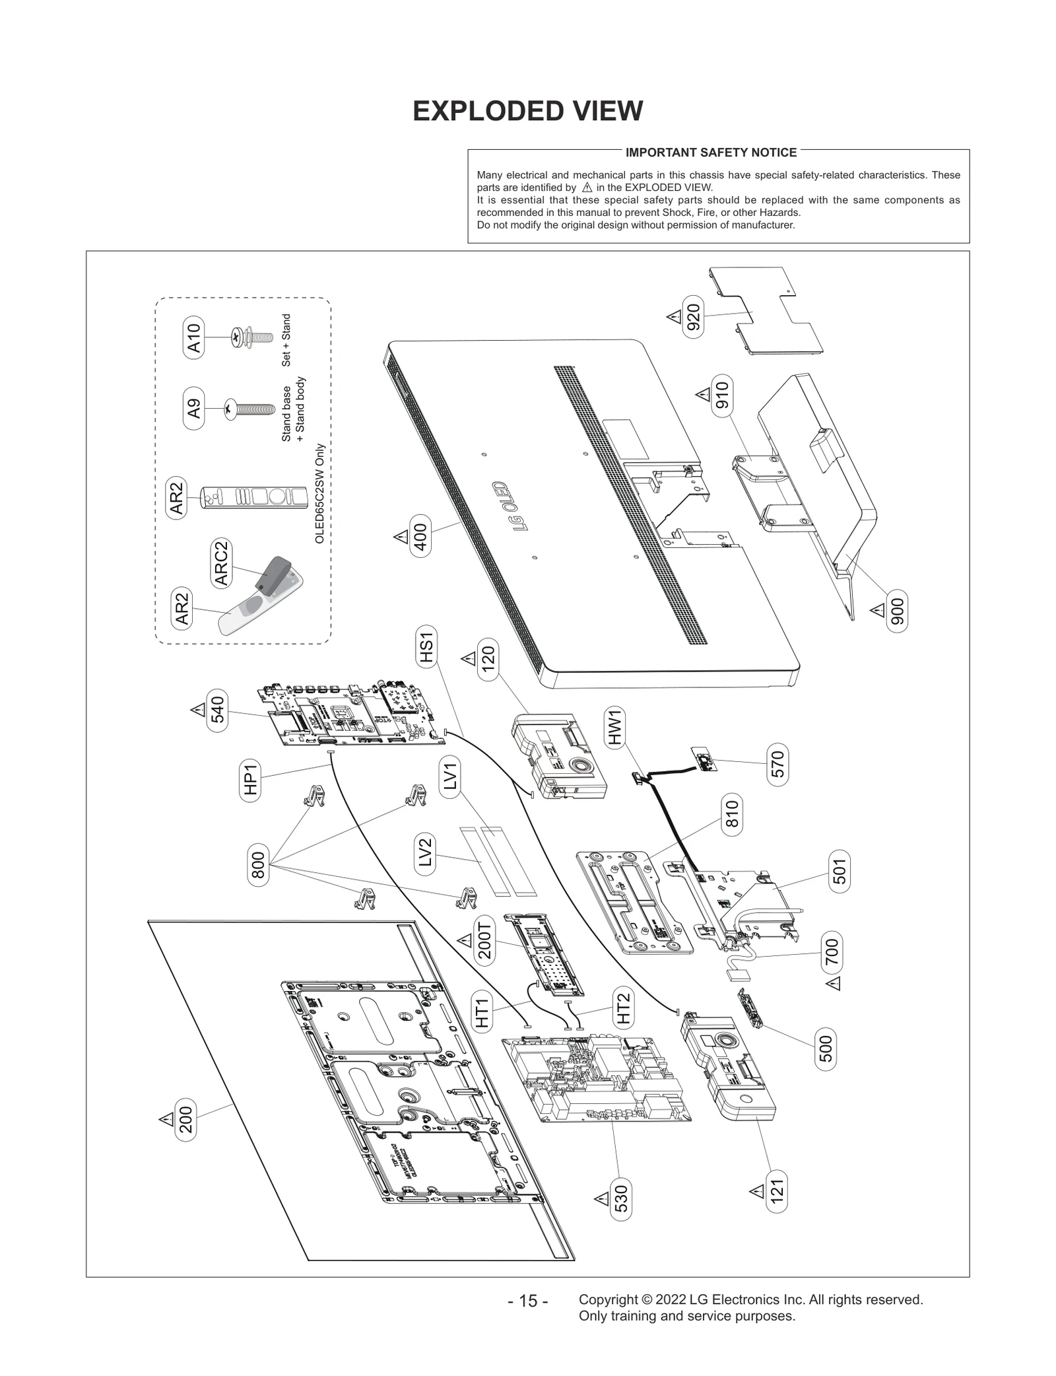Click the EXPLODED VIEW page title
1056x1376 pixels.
[527, 111]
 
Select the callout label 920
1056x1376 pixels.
[694, 318]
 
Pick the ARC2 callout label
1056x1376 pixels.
[221, 563]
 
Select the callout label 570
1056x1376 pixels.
[777, 764]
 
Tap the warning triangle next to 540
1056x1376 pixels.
[197, 710]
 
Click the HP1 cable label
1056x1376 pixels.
[250, 780]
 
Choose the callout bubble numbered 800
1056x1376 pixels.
[258, 865]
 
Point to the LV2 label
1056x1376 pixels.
[425, 852]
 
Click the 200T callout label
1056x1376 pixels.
[485, 944]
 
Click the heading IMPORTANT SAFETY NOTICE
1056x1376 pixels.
[711, 153]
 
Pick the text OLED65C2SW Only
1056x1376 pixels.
[319, 493]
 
